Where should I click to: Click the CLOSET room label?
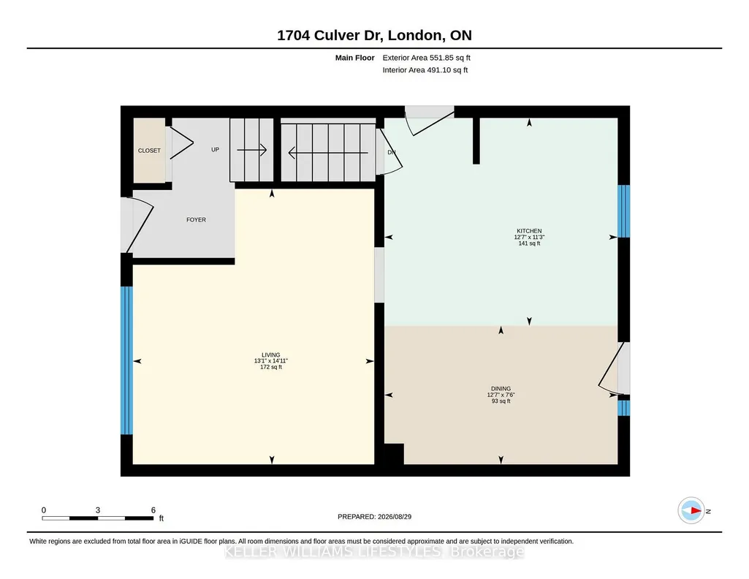pos(149,151)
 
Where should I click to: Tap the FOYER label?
pos(196,220)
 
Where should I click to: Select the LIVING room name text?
pos(271,355)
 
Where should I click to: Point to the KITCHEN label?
pos(529,231)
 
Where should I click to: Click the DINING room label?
pos(501,388)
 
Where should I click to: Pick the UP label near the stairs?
pos(216,150)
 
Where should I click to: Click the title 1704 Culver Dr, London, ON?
pos(374,35)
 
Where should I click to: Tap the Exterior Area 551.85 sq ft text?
pos(427,58)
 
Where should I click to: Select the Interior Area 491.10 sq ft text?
pos(425,69)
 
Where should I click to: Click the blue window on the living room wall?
pos(126,360)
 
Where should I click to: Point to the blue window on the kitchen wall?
pos(624,211)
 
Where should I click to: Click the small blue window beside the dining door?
pos(624,408)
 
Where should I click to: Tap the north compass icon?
pos(691,511)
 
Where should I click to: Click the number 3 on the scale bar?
pos(97,510)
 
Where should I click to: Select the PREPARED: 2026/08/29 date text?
pos(374,516)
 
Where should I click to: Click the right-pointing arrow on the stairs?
pos(251,150)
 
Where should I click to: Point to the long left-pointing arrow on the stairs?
pos(328,153)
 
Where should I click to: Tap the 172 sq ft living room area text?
pos(271,367)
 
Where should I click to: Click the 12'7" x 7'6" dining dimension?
pos(501,395)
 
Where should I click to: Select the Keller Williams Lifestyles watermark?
pos(374,552)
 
